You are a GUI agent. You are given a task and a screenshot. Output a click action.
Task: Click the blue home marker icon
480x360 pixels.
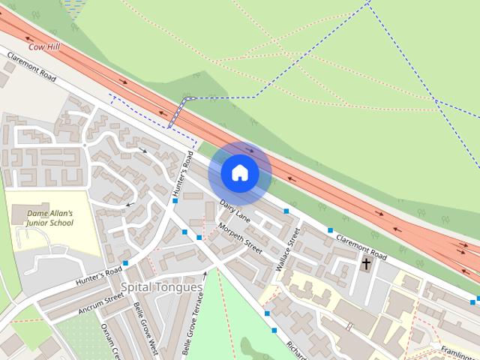point(240,173)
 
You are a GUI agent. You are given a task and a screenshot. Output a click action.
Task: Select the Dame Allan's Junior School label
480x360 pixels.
point(49,217)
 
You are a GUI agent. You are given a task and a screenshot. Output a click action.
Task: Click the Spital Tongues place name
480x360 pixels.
point(161,287)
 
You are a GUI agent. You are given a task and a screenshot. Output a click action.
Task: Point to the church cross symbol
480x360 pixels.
point(367,263)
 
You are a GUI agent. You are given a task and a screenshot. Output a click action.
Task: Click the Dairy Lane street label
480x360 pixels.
point(235,209)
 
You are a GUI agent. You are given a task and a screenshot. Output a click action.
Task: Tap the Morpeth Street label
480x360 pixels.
point(240,238)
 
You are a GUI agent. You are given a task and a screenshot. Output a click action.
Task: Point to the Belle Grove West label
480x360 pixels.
point(144,327)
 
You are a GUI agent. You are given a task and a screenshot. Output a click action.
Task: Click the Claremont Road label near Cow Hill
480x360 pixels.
point(31,66)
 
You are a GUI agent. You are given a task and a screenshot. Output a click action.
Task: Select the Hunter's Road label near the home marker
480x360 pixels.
point(182,175)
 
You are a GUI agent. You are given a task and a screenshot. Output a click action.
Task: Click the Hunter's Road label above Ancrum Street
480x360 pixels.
point(98,276)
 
